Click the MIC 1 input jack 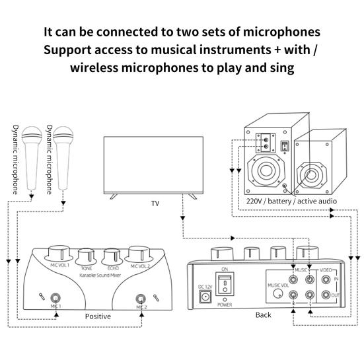point(56,298)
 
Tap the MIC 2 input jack point(140,298)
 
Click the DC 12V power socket point(205,297)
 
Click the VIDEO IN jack point(325,279)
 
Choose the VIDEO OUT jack point(325,297)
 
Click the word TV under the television point(155,203)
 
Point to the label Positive point(98,316)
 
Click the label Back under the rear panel point(263,314)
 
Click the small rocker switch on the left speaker point(285,145)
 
